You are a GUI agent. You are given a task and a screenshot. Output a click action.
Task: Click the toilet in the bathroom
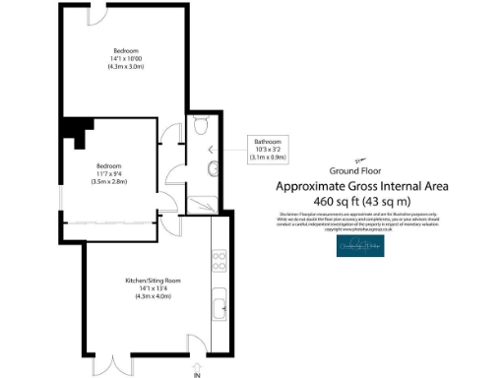click(200, 127)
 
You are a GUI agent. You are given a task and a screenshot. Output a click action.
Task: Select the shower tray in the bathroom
click(206, 202)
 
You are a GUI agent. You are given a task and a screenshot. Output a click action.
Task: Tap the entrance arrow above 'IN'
click(197, 362)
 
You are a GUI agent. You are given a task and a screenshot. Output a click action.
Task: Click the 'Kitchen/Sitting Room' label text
click(148, 282)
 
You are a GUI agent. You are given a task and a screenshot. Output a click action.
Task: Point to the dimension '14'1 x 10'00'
click(125, 60)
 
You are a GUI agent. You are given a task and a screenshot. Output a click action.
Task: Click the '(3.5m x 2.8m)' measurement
click(108, 181)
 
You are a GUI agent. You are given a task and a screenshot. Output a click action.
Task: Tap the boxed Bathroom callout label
click(267, 149)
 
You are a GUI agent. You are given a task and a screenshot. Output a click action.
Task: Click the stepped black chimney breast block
click(74, 129)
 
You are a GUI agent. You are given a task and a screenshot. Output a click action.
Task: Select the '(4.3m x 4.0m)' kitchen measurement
click(148, 296)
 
